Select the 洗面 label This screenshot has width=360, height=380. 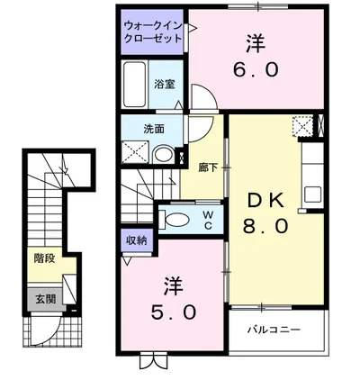(x=154, y=129)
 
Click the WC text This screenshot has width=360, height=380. (x=206, y=219)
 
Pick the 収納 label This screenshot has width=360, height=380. (x=135, y=240)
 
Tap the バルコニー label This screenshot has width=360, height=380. (x=274, y=330)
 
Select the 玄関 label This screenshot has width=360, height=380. (x=44, y=297)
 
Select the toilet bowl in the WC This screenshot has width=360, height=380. (x=178, y=219)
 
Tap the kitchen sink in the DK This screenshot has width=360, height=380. (x=313, y=193)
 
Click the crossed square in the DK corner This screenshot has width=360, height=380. (x=301, y=128)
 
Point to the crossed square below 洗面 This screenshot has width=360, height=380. (x=136, y=153)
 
